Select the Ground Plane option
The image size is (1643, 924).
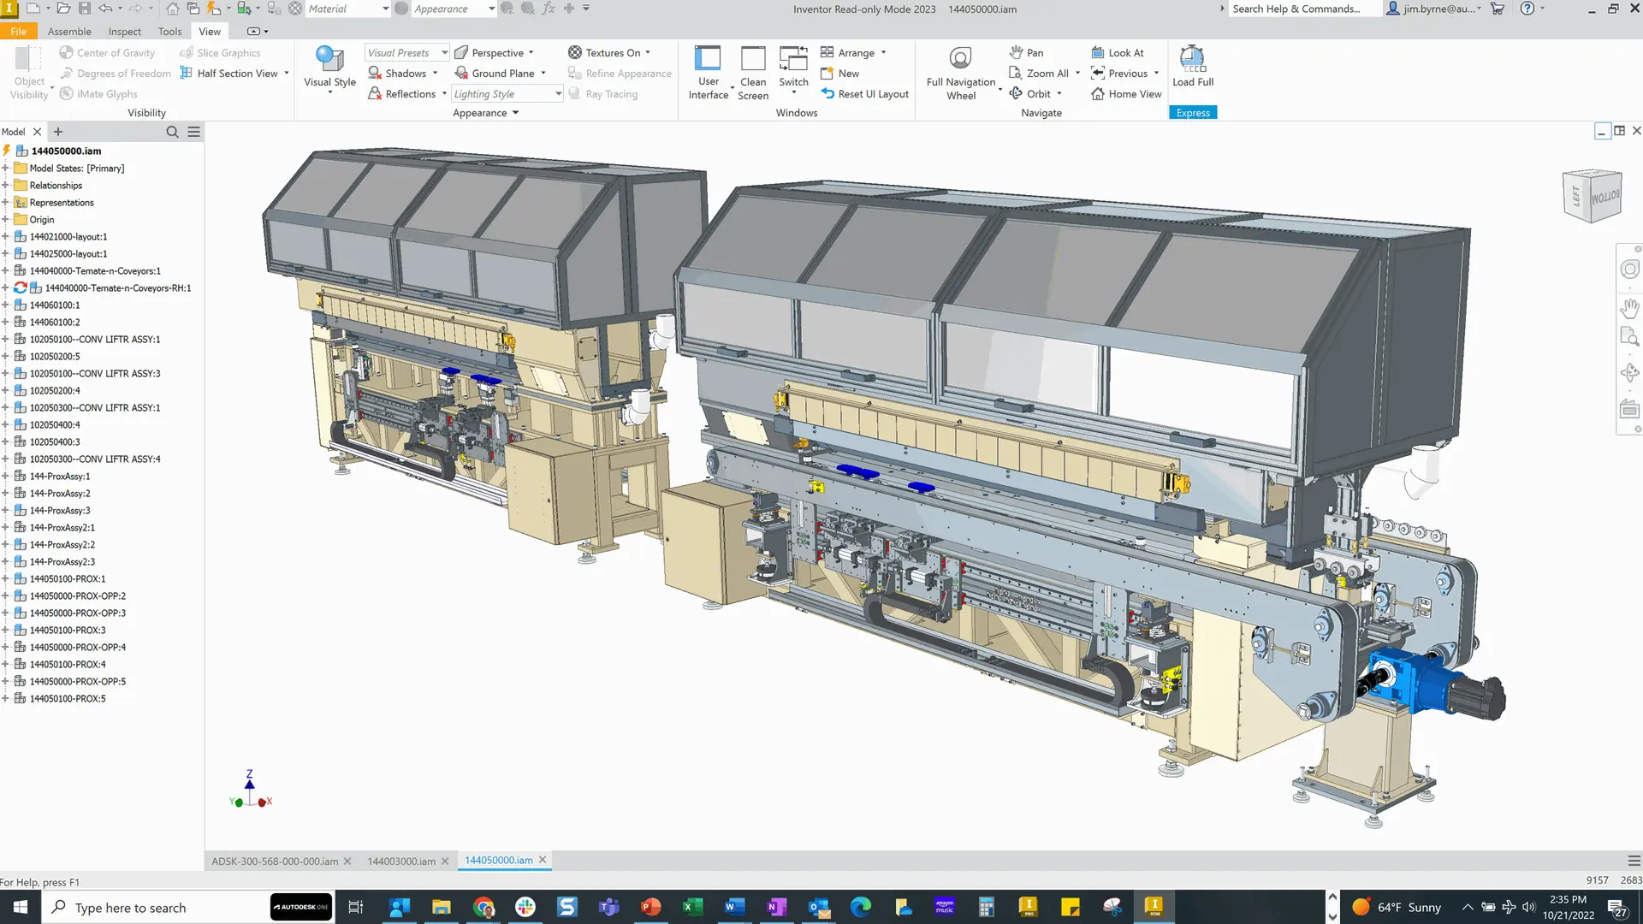(x=502, y=74)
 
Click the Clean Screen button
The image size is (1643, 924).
(x=753, y=73)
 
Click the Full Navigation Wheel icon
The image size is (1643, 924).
(x=960, y=60)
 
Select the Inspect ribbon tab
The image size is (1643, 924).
(x=125, y=32)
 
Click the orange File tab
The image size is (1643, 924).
(x=18, y=32)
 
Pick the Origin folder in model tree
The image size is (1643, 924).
(x=41, y=220)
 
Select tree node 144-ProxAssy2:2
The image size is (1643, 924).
(x=62, y=545)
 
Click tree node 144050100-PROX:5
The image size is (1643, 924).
(x=68, y=699)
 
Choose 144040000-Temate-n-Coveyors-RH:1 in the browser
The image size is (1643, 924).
(x=117, y=288)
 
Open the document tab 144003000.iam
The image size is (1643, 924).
(x=401, y=862)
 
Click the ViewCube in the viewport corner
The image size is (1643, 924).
(x=1592, y=196)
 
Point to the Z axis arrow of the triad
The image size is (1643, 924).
(x=250, y=780)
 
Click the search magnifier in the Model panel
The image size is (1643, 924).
(x=172, y=132)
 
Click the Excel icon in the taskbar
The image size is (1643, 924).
(x=692, y=907)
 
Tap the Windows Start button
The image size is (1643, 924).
(x=21, y=907)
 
